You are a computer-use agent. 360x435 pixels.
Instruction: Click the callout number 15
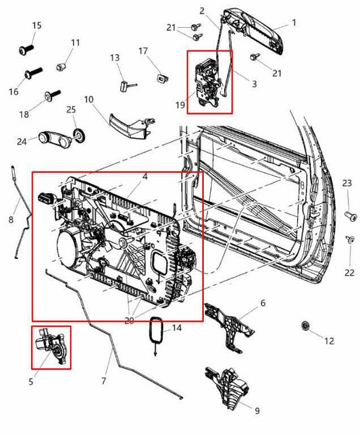[x=36, y=26]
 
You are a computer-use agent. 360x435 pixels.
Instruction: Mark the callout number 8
[x=10, y=220]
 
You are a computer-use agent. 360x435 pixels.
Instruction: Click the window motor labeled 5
[x=51, y=347]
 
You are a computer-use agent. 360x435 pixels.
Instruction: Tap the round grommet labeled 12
[x=306, y=328]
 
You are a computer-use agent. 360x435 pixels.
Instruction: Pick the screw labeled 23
[x=349, y=215]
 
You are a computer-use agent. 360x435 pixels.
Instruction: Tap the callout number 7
[x=103, y=381]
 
